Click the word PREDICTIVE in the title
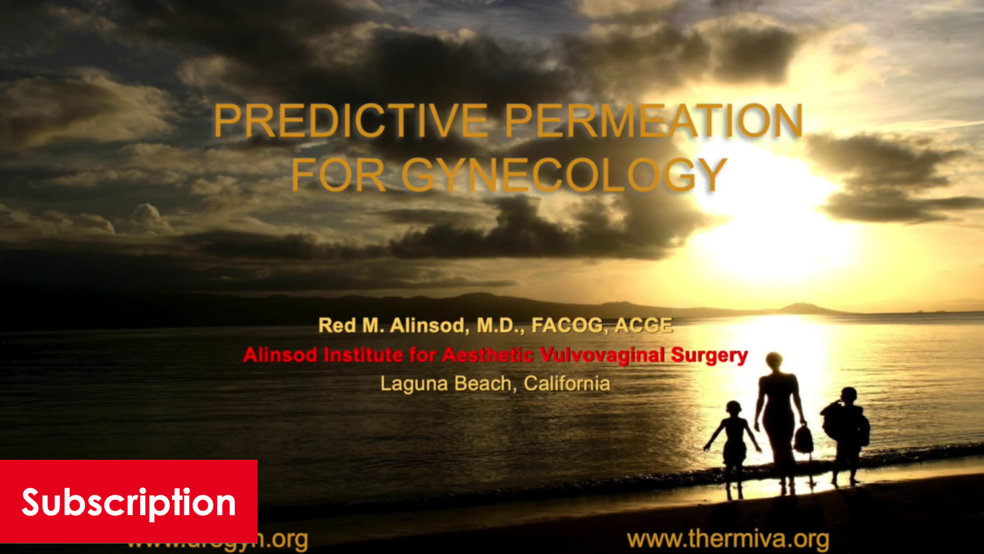tap(351, 121)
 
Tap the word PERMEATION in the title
tap(654, 121)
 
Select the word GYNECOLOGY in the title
tap(564, 175)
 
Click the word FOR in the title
tap(338, 175)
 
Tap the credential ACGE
tap(643, 325)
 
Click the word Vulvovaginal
tap(602, 355)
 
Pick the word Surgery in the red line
tap(709, 355)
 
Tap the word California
tap(566, 383)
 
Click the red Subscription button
tap(129, 502)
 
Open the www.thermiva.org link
tap(728, 539)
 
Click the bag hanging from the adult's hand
tap(803, 439)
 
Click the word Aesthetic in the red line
tap(488, 355)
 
